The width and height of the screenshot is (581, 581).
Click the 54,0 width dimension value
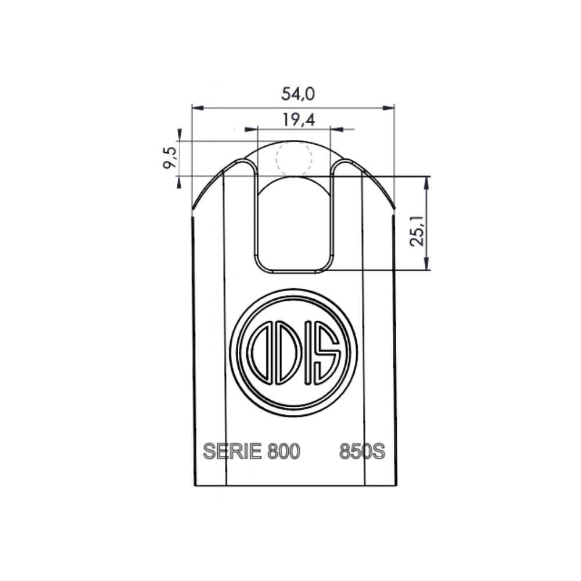pos(298,94)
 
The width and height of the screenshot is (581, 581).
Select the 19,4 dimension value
pos(299,120)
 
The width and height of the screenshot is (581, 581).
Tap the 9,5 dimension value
pos(170,157)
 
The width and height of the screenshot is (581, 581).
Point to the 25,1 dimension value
pos(417,232)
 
